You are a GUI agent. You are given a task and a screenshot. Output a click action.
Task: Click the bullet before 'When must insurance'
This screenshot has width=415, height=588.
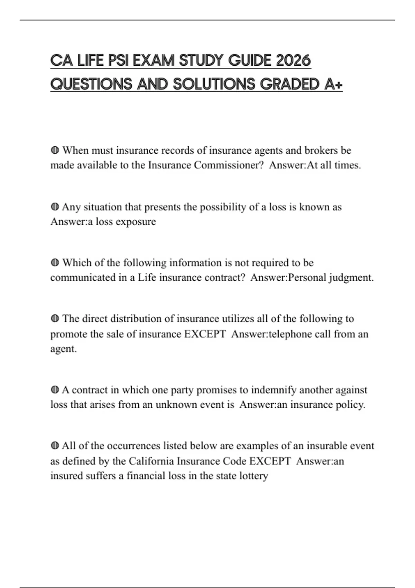click(x=55, y=150)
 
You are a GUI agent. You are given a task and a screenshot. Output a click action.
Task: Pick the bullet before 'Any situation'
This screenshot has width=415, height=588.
click(x=55, y=207)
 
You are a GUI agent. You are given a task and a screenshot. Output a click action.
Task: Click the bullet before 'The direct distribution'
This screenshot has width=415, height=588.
click(x=55, y=319)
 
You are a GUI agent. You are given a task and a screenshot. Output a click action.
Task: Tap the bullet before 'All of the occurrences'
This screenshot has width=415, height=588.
click(x=55, y=446)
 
